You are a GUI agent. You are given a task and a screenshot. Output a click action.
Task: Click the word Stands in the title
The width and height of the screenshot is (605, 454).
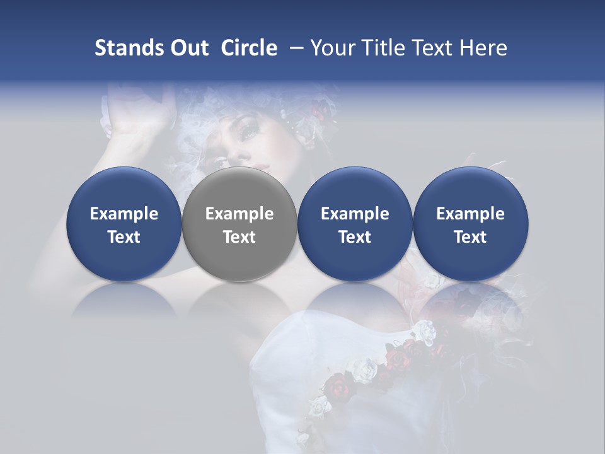tap(128, 48)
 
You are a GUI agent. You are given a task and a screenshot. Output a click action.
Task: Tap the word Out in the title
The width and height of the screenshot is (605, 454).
tap(188, 48)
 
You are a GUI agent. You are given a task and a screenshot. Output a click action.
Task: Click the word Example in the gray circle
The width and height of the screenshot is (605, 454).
tap(239, 214)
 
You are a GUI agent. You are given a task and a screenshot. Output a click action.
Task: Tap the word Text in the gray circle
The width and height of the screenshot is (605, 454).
tap(239, 237)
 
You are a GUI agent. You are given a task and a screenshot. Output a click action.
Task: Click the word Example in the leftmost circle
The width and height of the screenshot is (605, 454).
tap(124, 214)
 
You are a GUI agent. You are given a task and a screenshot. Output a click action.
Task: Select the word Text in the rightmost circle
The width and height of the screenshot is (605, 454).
tap(471, 237)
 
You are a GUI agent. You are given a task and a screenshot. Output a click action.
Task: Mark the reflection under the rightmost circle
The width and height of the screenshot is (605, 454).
tap(471, 300)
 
